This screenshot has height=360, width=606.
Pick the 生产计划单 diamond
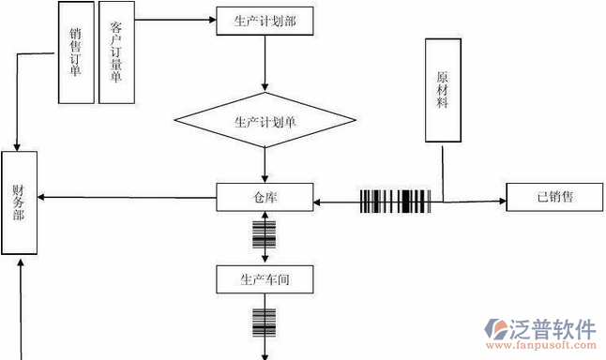click(x=265, y=121)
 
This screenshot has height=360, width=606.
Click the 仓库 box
click(x=265, y=197)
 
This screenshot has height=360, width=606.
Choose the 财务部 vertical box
click(x=18, y=202)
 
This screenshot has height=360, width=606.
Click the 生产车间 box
click(x=265, y=278)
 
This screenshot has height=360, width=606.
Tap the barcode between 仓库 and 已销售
click(x=395, y=202)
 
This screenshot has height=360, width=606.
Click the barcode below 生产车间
click(x=265, y=322)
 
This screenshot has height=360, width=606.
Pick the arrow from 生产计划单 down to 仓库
click(x=265, y=167)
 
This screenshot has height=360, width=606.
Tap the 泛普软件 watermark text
click(x=553, y=330)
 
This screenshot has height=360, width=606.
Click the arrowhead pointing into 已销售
click(x=501, y=200)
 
